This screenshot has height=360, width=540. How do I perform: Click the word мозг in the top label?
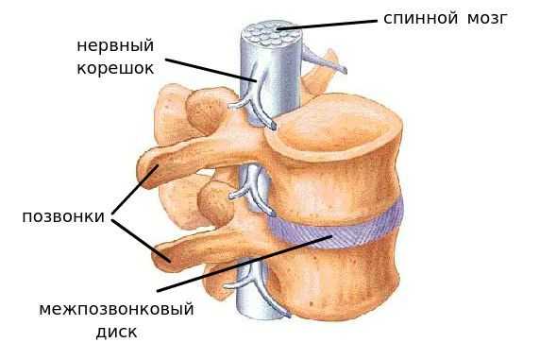point(486,18)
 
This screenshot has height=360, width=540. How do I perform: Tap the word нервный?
point(117,45)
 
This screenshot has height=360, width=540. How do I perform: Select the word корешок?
point(117,69)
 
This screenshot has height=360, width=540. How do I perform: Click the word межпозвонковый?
point(116,309)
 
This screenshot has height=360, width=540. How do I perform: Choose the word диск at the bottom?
point(116,332)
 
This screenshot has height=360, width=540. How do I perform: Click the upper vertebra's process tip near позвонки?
point(148,172)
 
